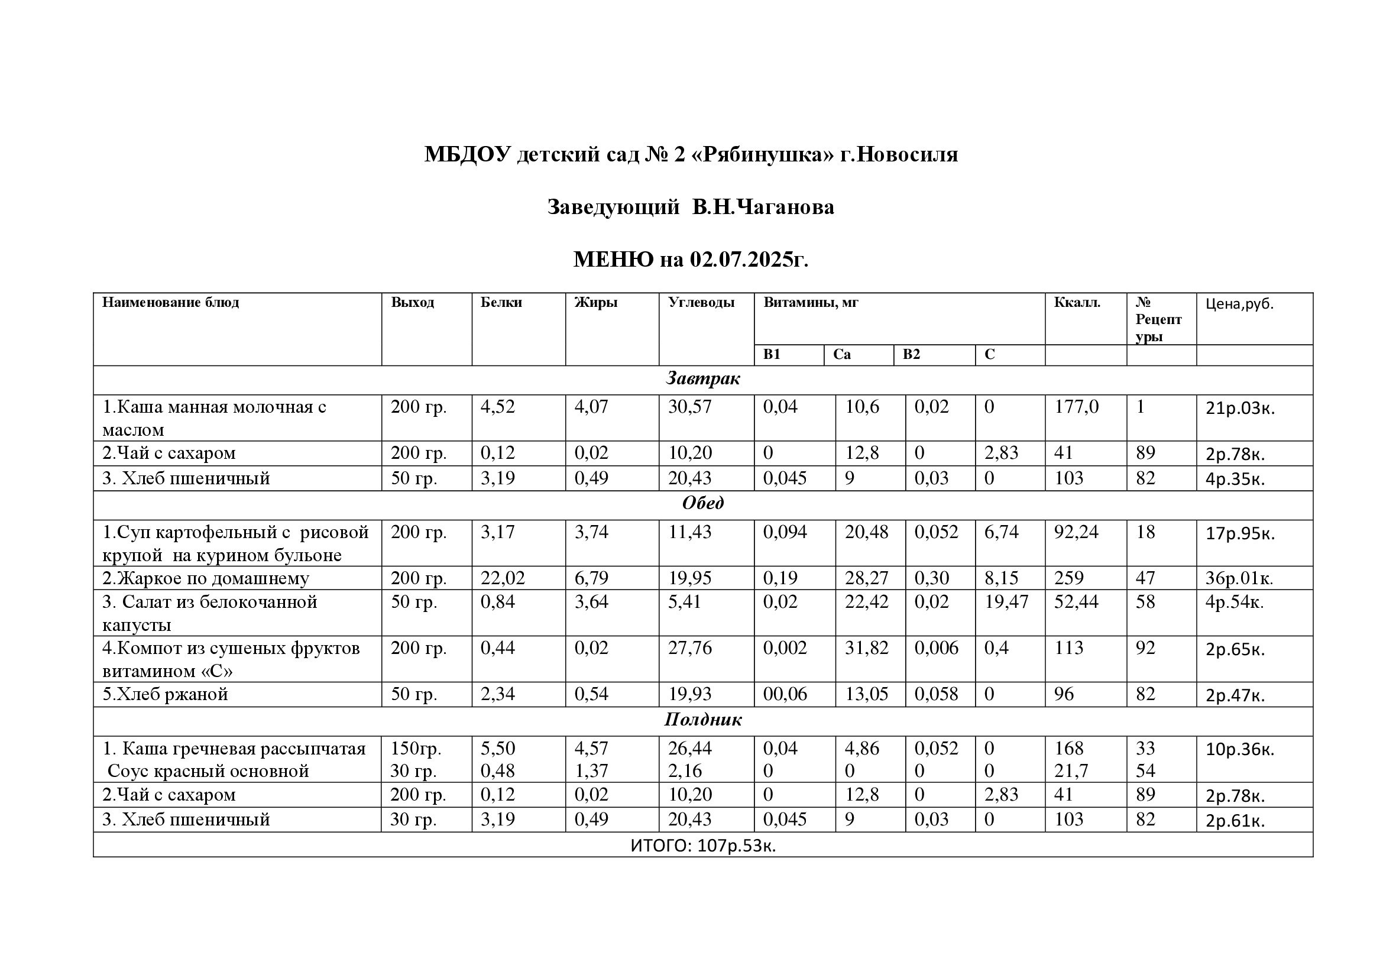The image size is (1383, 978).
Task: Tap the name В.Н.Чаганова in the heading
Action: click(x=763, y=207)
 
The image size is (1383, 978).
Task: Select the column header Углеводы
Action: click(x=701, y=302)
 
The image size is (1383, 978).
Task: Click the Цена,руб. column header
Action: click(x=1240, y=303)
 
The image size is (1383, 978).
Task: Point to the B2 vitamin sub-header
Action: click(x=911, y=354)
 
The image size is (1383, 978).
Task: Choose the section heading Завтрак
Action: click(x=702, y=379)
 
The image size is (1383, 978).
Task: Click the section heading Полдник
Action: click(x=702, y=720)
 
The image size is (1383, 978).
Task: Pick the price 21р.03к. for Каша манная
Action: click(x=1240, y=409)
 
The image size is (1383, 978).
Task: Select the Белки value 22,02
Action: click(x=503, y=578)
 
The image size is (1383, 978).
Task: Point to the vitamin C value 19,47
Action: click(x=1006, y=601)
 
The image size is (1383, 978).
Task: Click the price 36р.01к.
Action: click(x=1239, y=579)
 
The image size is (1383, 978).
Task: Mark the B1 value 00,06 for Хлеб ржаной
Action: click(x=785, y=694)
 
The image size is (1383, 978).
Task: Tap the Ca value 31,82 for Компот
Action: click(x=866, y=648)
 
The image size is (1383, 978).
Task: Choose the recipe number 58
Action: click(x=1145, y=601)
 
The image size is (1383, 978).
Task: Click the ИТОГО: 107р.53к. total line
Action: click(x=702, y=846)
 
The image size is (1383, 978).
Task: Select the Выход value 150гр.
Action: click(x=416, y=749)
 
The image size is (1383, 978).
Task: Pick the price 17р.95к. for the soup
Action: click(x=1240, y=533)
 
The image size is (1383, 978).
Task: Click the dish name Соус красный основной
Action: click(x=208, y=771)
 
